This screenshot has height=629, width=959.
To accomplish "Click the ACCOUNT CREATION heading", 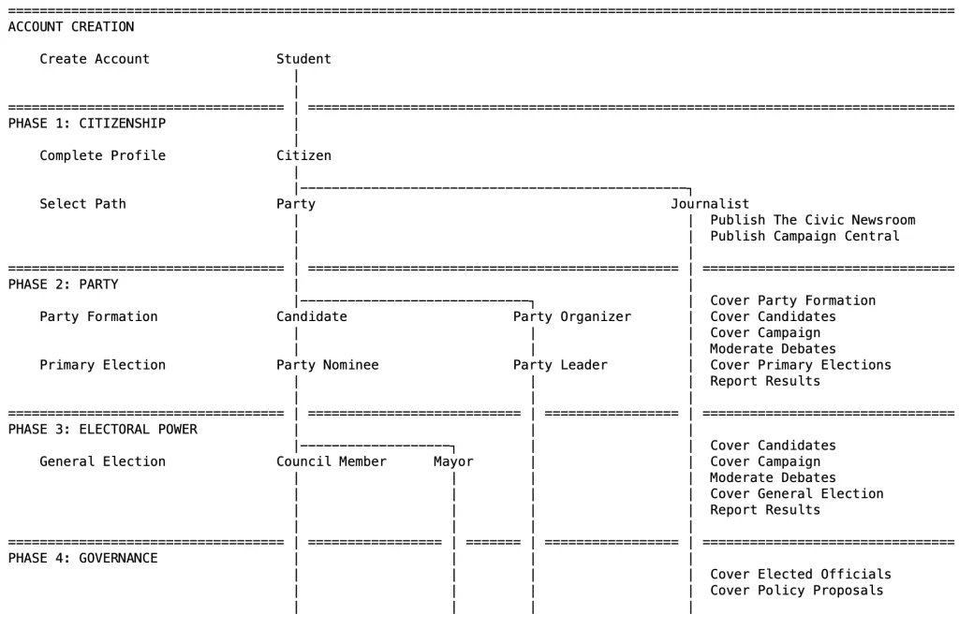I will coord(70,27).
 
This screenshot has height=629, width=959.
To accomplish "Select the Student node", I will coord(303,59).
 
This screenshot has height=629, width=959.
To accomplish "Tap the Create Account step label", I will coord(94,59).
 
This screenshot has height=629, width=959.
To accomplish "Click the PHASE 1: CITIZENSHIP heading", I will coord(86,124).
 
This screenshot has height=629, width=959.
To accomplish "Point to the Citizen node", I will coord(303,155).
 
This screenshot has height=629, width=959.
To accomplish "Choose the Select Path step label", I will coord(82,204).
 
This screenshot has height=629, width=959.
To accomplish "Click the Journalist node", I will coord(710,204).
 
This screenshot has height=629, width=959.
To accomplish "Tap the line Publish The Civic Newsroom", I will coord(812,220).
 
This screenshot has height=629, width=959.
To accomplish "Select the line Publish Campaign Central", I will coord(804,236).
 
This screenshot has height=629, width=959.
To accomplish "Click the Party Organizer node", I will coord(572,316).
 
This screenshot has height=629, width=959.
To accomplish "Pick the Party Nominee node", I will coord(327,365).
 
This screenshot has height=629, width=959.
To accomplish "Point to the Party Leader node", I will coord(560,365).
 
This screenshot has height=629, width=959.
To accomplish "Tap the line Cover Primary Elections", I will coord(801,365).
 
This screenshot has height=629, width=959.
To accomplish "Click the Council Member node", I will coord(331,461).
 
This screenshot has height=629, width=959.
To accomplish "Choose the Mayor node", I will coord(453,461).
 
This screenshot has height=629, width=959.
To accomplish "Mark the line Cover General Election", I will coord(796,493).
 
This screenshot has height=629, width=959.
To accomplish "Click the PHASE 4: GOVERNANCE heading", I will coord(82,558).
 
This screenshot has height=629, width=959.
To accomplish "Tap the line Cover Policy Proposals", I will coord(796,590).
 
